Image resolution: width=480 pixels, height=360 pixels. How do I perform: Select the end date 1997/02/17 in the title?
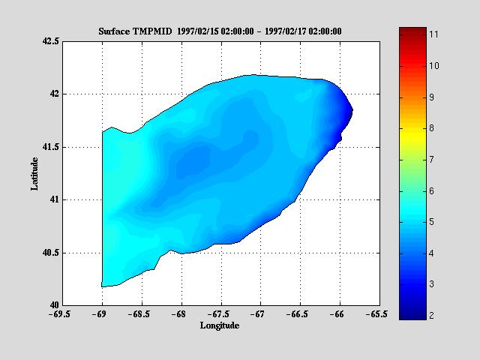(294, 31)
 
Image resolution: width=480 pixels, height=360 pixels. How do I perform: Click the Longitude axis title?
(220, 325)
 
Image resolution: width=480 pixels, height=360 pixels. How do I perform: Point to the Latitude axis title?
(34, 173)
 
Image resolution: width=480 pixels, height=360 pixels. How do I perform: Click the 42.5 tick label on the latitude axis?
(49, 42)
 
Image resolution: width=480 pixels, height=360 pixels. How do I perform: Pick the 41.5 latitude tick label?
(49, 147)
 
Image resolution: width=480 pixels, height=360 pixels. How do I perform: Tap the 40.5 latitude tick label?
(49, 253)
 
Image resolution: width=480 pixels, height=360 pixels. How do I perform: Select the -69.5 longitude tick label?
(62, 315)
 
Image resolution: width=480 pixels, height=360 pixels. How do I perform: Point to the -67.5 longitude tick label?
(220, 315)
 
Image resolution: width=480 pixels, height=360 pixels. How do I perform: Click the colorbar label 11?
(433, 34)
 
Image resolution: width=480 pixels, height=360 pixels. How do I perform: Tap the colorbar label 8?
(433, 128)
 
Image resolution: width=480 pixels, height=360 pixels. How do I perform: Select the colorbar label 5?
(433, 222)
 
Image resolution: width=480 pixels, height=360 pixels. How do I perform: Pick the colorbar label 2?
(433, 316)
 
